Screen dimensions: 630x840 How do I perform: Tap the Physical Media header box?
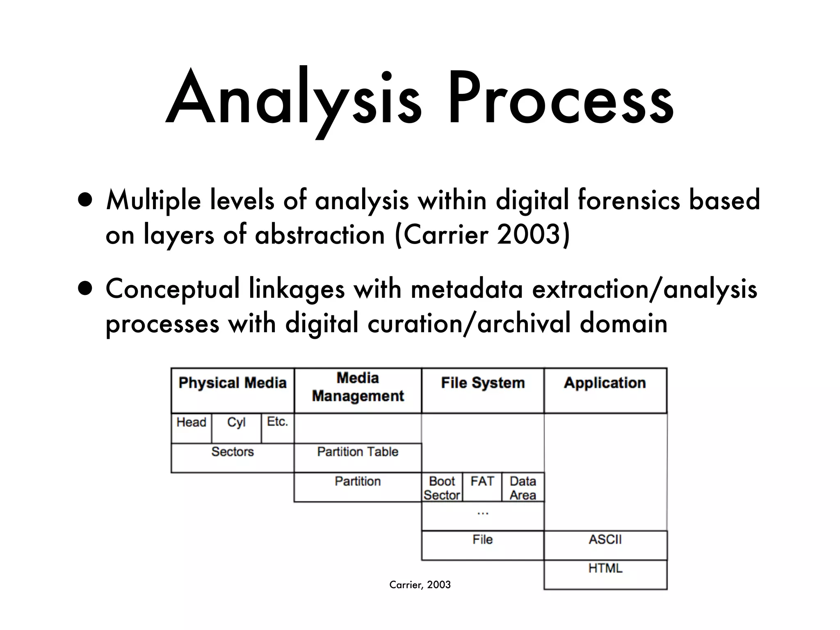pos(233,390)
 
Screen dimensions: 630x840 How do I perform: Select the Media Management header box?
pos(358,390)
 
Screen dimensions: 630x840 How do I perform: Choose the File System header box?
pos(483,390)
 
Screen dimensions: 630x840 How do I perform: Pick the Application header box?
pos(605,390)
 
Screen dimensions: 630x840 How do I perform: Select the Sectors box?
pos(233,457)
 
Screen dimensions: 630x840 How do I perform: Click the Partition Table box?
pos(358,457)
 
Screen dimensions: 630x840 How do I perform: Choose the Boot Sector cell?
pos(442,488)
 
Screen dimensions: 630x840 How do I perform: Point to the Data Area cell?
pos(523,488)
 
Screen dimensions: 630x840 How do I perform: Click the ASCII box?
pos(605,545)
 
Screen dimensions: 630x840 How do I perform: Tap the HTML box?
pos(605,574)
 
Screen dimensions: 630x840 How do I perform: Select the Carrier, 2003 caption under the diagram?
pos(420,584)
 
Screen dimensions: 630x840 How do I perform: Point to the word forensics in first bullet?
pos(628,201)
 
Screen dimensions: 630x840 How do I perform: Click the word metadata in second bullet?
pos(466,289)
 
